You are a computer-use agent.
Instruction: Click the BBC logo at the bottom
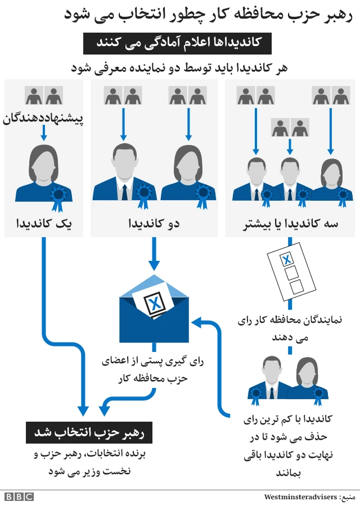[19, 496]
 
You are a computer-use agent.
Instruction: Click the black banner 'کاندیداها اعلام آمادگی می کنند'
[178, 43]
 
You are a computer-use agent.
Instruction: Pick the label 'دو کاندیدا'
[154, 224]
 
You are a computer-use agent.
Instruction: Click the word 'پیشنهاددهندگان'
[43, 119]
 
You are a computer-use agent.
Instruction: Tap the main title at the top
[208, 16]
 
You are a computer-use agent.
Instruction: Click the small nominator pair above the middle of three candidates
[290, 128]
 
